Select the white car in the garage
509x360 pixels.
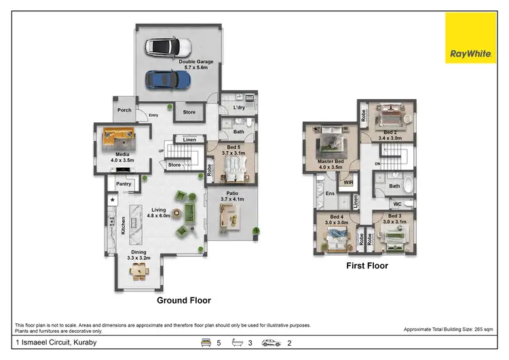(x=168, y=47)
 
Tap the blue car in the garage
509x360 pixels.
(x=168, y=79)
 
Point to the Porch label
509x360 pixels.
(x=124, y=110)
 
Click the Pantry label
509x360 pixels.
(x=124, y=183)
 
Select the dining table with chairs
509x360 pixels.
(x=139, y=271)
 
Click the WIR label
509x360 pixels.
(x=348, y=182)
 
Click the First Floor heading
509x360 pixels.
(x=367, y=266)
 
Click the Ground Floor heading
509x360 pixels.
(x=184, y=300)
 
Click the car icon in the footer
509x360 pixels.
(x=272, y=342)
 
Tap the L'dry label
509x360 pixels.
(x=239, y=108)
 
